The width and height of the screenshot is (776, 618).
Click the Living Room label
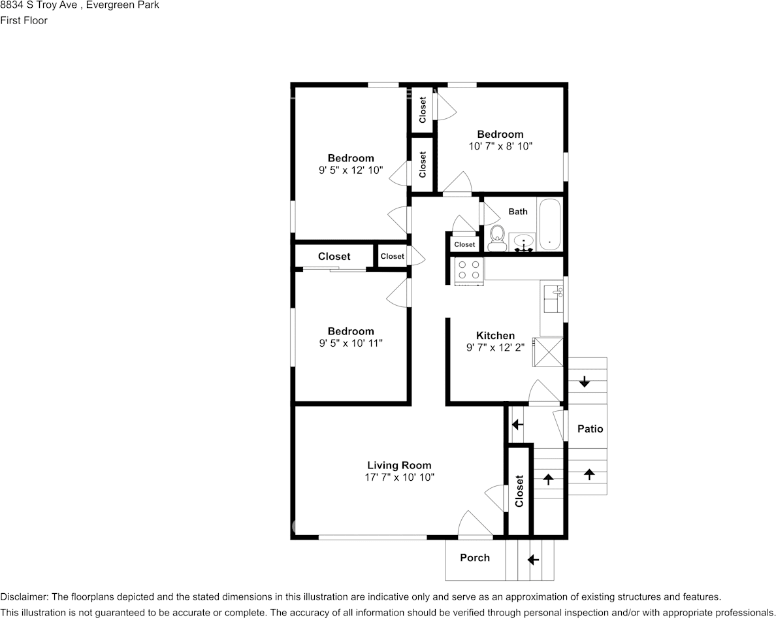(399, 465)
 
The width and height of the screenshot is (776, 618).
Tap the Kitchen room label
(495, 336)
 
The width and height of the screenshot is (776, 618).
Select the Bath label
(518, 212)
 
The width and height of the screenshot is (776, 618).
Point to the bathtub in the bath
(549, 224)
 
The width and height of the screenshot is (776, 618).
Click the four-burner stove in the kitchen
(469, 271)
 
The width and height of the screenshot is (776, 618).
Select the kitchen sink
(553, 299)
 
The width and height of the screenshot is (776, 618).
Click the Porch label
(475, 558)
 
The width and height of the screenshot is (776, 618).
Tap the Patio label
(590, 429)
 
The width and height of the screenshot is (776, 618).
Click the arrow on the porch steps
(532, 560)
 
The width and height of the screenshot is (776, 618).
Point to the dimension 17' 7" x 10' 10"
(399, 478)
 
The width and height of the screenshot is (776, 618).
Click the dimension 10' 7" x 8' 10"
(500, 146)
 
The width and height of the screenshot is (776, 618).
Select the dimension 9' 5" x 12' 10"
(350, 171)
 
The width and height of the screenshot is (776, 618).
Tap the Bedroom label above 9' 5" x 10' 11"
(350, 331)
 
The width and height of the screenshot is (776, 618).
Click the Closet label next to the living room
(519, 491)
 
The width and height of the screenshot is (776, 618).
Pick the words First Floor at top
(24, 20)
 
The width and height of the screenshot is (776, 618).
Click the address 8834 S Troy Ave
(38, 5)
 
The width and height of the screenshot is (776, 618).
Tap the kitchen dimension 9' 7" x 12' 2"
(495, 348)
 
